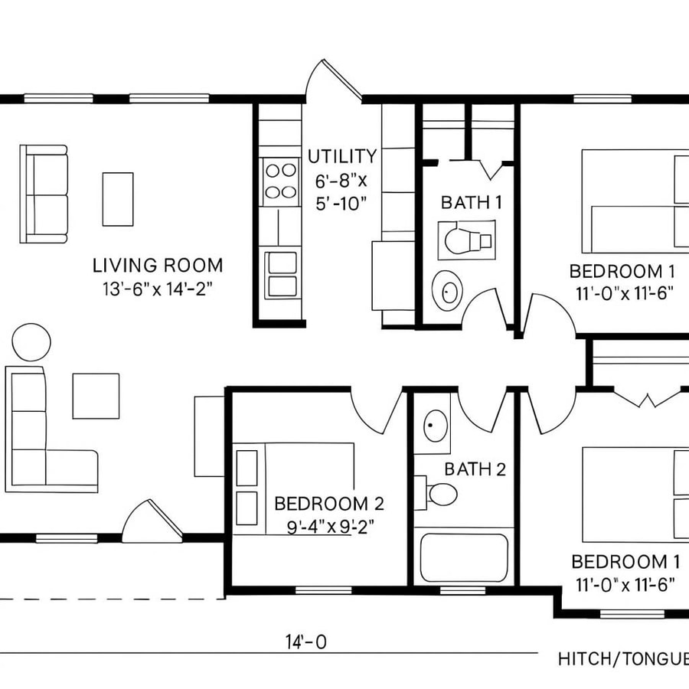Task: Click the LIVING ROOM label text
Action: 158,266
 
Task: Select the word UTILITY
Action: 342,157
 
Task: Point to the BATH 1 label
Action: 472,203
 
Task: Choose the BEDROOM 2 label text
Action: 328,504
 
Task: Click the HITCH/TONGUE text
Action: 622,658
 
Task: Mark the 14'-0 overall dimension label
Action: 305,642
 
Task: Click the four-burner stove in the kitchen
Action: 280,181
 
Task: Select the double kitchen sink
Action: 280,274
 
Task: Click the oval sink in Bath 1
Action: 448,291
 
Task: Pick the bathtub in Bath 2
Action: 463,558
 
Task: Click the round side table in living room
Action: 32,341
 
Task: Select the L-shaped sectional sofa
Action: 38,444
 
